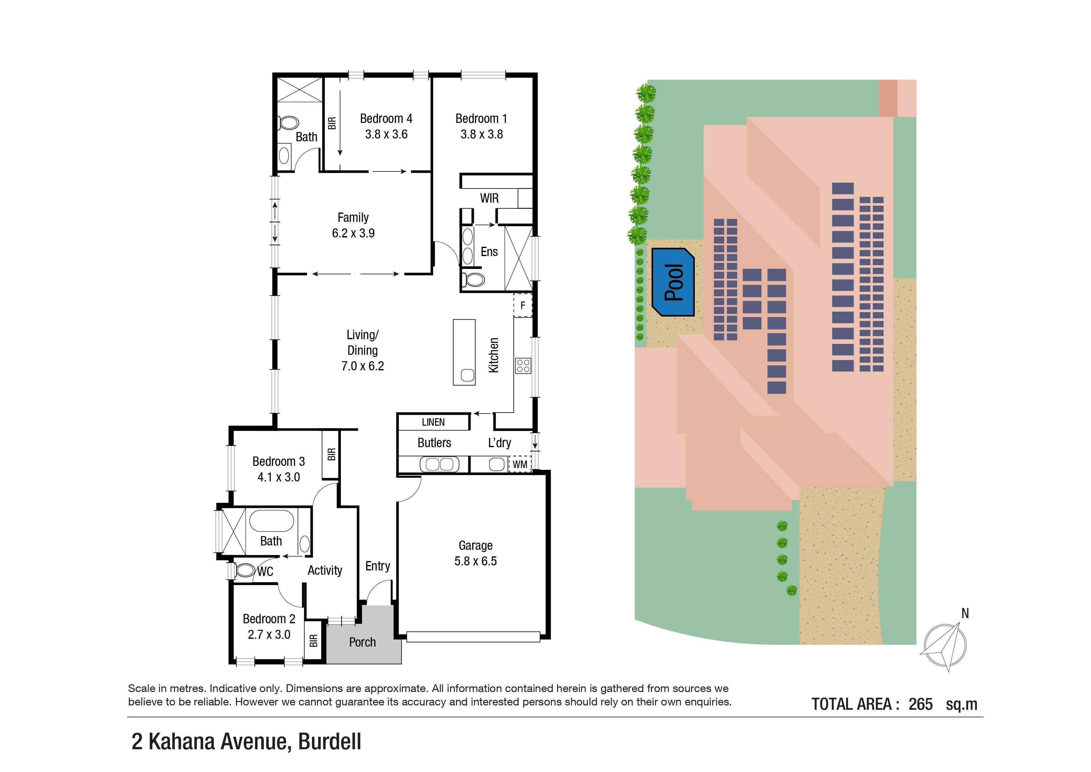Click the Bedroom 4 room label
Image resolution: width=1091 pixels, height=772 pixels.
coord(386,118)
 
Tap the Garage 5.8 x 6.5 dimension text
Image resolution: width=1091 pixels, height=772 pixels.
coord(475,561)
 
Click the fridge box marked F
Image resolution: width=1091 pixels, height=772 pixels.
coord(523,305)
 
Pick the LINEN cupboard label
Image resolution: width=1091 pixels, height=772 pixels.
coord(433,422)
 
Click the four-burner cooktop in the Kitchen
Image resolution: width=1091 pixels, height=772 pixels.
coord(523,366)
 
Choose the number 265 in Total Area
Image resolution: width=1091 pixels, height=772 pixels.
coord(920,704)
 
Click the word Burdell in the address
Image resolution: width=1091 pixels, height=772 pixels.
coord(329,742)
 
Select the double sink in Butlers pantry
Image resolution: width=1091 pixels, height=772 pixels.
coord(439,464)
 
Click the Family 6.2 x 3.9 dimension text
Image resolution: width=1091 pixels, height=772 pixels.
coord(353,233)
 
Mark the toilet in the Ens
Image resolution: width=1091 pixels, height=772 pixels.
coord(473,279)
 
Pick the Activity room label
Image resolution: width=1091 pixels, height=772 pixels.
coord(325,570)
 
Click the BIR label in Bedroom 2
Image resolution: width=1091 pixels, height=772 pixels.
coord(313,640)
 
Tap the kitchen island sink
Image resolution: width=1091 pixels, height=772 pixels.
coord(467,375)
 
